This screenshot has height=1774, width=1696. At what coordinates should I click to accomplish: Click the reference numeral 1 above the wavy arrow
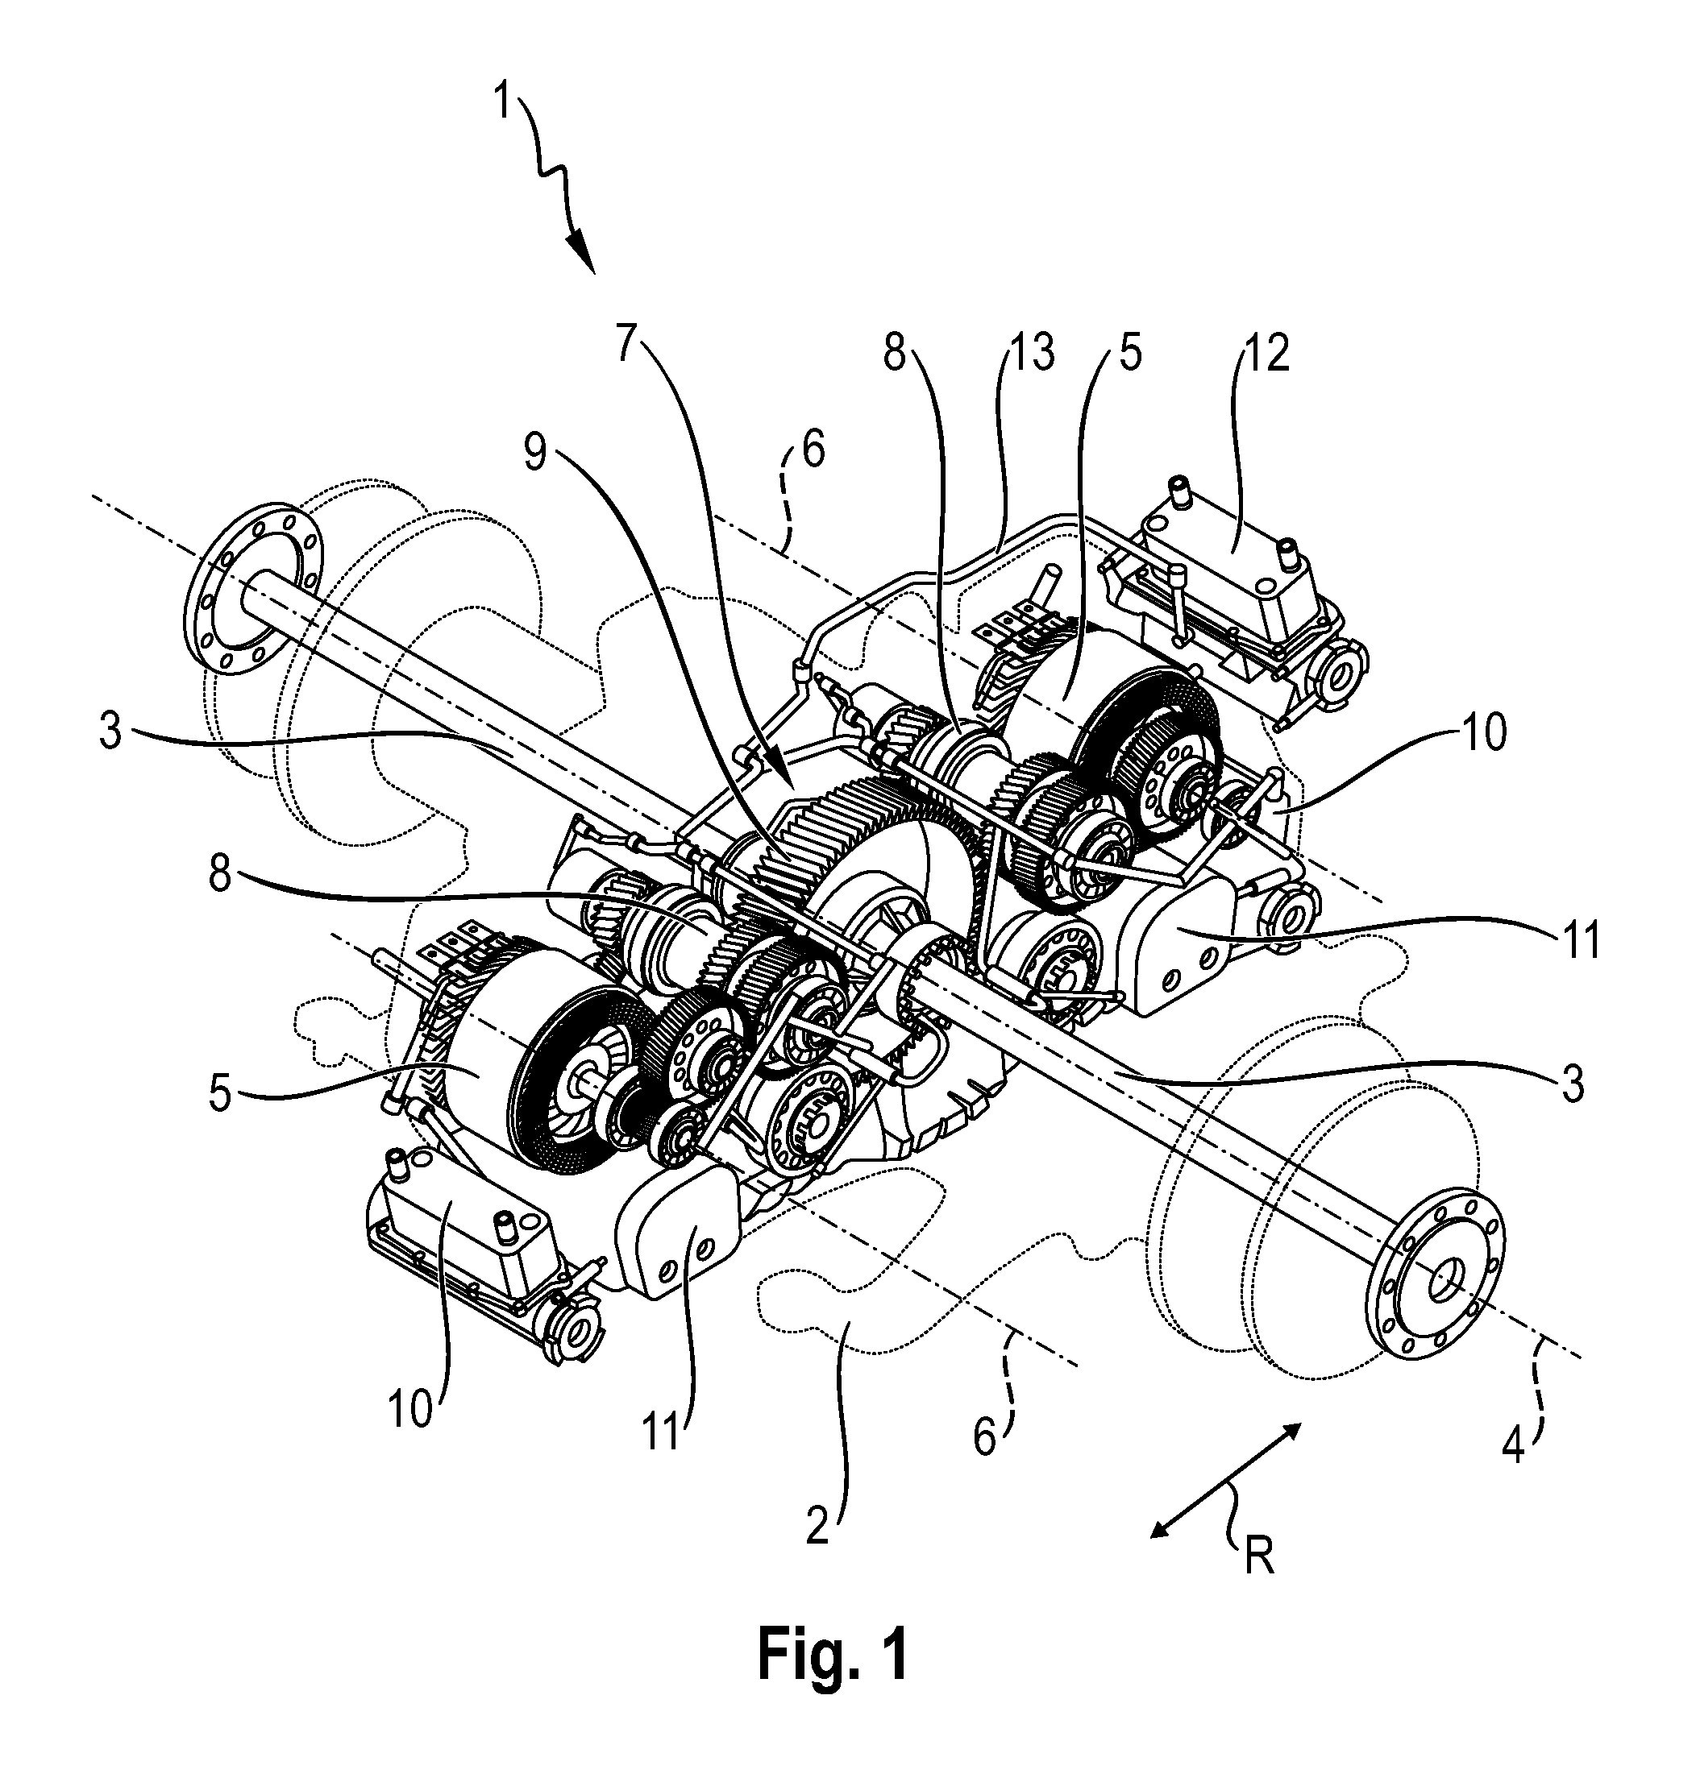pos(504,102)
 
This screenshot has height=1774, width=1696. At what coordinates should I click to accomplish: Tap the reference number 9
pos(535,453)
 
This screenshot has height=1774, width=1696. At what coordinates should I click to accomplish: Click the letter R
pos(1257,1557)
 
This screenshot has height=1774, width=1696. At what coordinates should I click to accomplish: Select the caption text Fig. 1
pos(833,1655)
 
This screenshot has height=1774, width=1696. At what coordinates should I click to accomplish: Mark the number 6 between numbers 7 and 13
pos(813,450)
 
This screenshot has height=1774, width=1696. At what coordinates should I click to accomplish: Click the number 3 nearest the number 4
pos(1574,1084)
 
